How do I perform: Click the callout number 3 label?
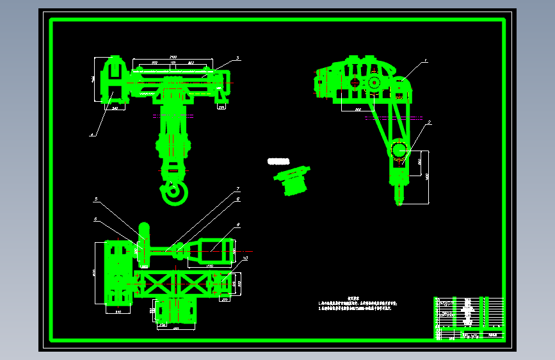(237, 58)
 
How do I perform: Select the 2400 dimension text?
(173, 58)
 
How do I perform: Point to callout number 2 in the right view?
(429, 122)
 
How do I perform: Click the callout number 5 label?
(97, 200)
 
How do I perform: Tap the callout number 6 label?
(96, 219)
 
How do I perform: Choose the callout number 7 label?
(237, 189)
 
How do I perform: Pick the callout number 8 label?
(237, 199)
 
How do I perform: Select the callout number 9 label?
(237, 225)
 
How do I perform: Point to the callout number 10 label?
(244, 258)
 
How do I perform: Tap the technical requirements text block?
(362, 305)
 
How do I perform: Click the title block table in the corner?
(469, 318)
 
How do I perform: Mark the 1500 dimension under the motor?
(209, 265)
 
